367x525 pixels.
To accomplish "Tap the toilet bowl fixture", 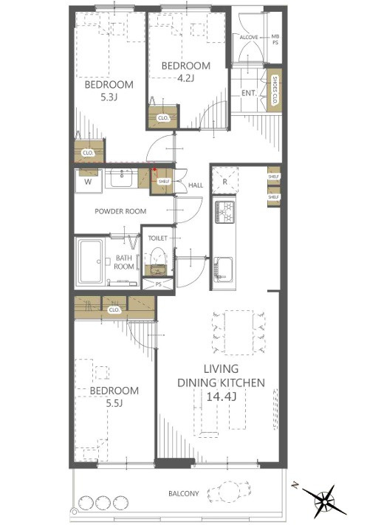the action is pos(157,261).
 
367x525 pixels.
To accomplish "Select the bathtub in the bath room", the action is pos(90,261).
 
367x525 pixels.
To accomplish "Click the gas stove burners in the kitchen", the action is pos(224,212).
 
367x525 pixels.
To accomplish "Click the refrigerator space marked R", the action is pos(224,181).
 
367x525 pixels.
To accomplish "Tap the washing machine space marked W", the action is pos(88,182).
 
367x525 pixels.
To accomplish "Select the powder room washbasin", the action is pos(121,178).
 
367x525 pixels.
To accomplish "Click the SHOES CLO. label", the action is pos(275,90).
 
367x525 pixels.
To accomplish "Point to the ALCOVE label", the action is pos(249,38).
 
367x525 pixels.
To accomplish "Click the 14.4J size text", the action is pos(221,397).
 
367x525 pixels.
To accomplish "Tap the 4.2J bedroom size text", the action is pos(185,78).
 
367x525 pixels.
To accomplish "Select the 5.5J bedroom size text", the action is pos(114,403).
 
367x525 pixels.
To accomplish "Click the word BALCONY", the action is pos(183,493).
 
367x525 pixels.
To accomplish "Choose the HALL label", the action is pos(196,185).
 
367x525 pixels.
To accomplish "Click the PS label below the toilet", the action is pos(158,284).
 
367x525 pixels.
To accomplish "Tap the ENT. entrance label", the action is pos(249,93).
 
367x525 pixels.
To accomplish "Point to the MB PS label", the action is pos(275,40).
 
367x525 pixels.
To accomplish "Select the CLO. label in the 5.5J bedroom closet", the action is pos(114,310).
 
